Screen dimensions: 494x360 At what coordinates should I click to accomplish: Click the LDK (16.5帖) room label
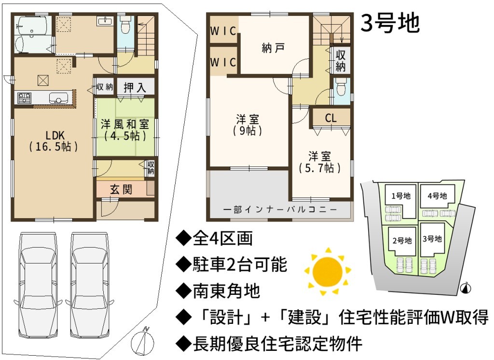[x=54, y=141]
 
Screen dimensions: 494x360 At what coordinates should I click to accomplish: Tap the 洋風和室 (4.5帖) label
[x=125, y=129]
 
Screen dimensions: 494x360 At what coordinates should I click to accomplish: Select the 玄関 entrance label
[x=121, y=190]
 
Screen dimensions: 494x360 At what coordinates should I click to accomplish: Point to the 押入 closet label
[x=135, y=87]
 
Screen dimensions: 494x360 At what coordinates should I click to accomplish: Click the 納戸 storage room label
[x=274, y=48]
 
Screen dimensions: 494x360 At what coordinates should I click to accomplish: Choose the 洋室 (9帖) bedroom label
[x=247, y=125]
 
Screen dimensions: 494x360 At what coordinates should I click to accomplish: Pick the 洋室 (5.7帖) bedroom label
[x=319, y=162]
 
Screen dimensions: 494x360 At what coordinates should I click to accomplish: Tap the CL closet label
[x=331, y=118]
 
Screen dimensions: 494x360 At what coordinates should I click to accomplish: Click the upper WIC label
[x=223, y=31]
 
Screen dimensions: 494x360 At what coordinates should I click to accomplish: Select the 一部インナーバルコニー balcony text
[x=280, y=209]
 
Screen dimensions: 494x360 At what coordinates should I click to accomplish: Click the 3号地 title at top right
[x=390, y=23]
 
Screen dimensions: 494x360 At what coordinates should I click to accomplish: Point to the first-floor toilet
[x=125, y=25]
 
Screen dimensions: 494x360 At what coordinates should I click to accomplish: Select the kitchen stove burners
[x=24, y=98]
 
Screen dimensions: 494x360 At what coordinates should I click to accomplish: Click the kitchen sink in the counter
[x=59, y=98]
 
